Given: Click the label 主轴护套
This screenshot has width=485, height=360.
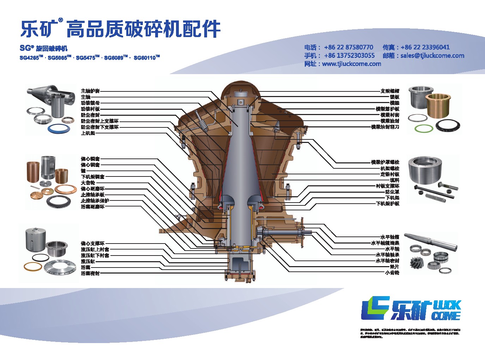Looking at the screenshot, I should [x=90, y=91].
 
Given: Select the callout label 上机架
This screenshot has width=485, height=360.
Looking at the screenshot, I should [x=88, y=133].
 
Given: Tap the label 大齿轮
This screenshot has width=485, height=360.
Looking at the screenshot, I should [x=88, y=183].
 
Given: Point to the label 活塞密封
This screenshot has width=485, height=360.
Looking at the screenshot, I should [x=90, y=273].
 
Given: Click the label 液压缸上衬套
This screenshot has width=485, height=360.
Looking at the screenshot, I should [x=95, y=249].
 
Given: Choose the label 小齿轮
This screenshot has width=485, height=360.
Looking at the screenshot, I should [x=392, y=272].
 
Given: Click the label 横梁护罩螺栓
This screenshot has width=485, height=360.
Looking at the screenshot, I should [x=385, y=162].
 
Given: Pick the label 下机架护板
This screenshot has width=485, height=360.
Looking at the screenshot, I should [x=387, y=204].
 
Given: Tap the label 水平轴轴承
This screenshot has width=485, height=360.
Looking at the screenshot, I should [x=387, y=255].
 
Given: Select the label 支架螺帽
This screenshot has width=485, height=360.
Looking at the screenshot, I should [x=390, y=91].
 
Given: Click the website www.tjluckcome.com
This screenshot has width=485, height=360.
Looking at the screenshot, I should [x=351, y=64].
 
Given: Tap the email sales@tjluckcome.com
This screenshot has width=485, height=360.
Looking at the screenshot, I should [x=432, y=55].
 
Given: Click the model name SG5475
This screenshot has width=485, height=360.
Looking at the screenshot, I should [x=86, y=58].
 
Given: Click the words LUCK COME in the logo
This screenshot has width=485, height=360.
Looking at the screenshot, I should [x=447, y=310].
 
